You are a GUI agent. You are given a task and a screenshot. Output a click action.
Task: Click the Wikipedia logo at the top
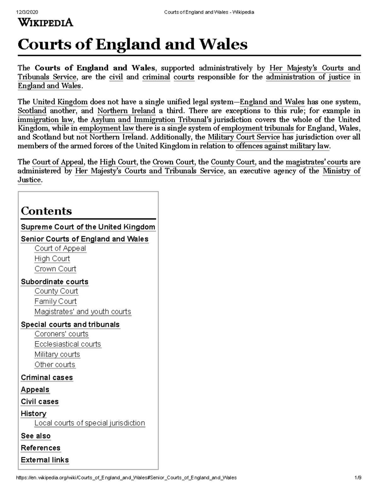[x=45, y=23]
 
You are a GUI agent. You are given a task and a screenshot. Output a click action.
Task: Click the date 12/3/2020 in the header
[x=27, y=12]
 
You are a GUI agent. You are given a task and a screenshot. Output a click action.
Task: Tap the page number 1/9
[x=357, y=478]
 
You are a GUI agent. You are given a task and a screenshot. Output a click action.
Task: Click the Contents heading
[x=46, y=211]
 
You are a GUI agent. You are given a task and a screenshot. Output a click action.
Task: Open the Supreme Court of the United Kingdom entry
[x=88, y=227]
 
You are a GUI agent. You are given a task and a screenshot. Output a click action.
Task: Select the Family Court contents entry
[x=55, y=301]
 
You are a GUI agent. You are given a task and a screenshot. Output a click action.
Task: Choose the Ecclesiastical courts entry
[x=68, y=344]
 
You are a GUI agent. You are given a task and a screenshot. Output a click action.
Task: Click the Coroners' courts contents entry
[x=61, y=334]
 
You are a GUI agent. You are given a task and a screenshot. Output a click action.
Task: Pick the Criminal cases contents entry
[x=47, y=377]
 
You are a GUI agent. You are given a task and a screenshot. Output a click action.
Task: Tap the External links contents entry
[x=45, y=460]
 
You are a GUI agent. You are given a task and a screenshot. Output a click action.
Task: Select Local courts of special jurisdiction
[x=89, y=423]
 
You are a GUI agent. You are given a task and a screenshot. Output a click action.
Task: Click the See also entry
[x=36, y=436]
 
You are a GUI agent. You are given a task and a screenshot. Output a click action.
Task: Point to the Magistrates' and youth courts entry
[x=83, y=311]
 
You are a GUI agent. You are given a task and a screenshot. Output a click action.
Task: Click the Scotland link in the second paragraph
[x=32, y=111]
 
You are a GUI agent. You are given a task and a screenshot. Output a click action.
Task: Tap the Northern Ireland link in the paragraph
[x=126, y=111]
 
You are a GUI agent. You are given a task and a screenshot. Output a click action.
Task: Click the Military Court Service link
[x=243, y=137]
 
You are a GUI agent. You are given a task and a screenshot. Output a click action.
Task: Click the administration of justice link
[x=308, y=77]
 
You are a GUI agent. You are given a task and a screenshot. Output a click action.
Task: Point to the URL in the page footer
[x=126, y=478]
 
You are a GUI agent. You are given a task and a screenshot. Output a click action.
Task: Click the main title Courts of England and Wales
[x=132, y=44]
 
